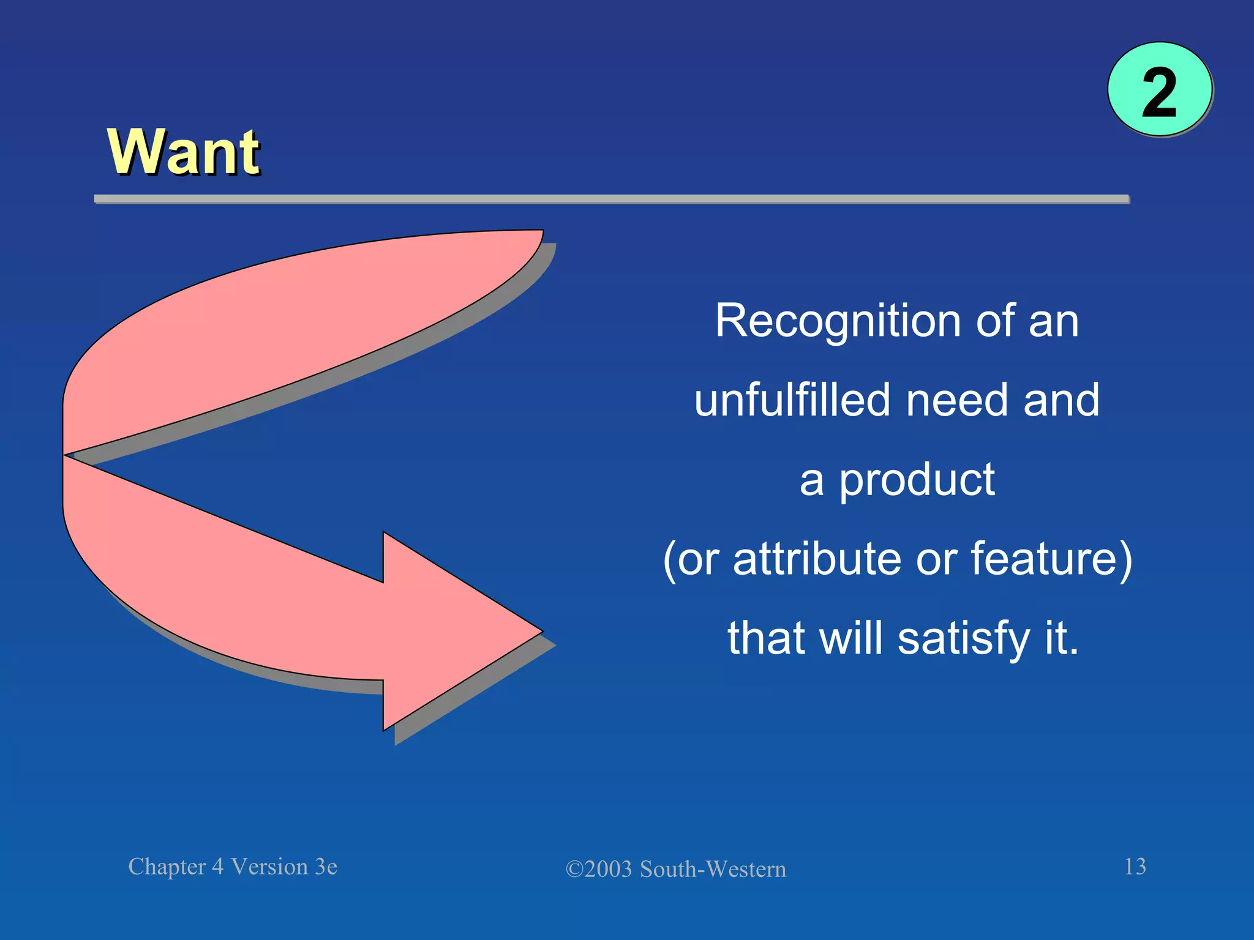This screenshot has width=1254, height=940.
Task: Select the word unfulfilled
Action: [792, 400]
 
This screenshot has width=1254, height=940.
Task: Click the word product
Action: [917, 481]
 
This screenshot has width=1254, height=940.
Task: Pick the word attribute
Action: [817, 559]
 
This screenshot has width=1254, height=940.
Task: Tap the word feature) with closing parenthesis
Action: [1051, 559]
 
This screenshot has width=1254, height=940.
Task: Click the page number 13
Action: [1135, 867]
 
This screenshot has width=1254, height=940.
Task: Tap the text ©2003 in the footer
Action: [598, 870]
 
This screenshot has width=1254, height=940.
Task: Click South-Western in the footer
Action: [713, 870]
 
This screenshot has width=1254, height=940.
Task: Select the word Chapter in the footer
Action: [167, 867]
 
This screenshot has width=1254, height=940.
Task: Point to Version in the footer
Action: [269, 867]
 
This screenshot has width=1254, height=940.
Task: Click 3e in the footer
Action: [326, 867]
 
